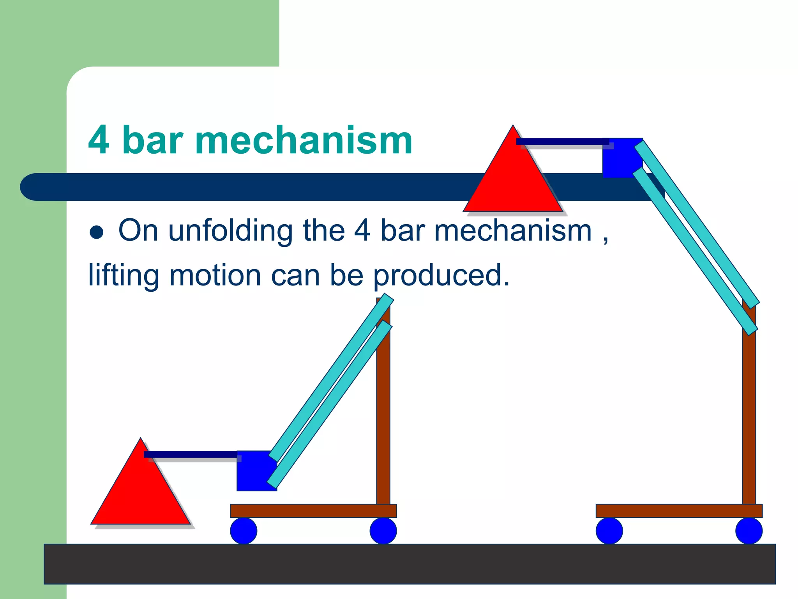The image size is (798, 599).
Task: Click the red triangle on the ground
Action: [141, 495]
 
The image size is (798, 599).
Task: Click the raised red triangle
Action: [513, 183]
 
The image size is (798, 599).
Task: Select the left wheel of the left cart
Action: [244, 531]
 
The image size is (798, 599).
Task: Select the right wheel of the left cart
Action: [383, 531]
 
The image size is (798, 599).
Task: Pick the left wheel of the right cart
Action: [609, 531]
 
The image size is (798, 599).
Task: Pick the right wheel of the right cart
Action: [749, 531]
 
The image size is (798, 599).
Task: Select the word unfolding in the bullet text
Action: [230, 231]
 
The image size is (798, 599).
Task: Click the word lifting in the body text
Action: [124, 275]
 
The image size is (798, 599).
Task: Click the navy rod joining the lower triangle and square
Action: [191, 454]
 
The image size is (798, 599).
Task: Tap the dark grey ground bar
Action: [409, 564]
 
